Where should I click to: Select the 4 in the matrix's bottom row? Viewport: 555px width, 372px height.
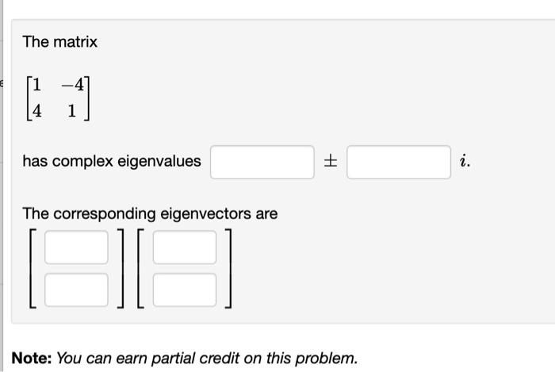[37, 111]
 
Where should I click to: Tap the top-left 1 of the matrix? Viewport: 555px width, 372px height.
[37, 83]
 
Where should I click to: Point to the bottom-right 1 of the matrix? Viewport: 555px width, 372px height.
[72, 111]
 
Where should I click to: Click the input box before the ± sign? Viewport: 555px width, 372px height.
[262, 162]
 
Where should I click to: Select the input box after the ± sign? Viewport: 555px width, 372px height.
[398, 162]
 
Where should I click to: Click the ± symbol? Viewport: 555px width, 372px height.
[330, 162]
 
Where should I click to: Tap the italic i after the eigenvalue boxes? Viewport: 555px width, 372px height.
[465, 162]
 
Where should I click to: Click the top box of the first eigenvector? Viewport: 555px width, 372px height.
[76, 247]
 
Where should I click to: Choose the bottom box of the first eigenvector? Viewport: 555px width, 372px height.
[76, 290]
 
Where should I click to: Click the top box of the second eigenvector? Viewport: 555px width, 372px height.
[184, 247]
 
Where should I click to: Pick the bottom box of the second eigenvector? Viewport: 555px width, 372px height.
[184, 290]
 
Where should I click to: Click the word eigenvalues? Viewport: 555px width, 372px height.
[159, 162]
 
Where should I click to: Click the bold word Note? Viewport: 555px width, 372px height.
[30, 358]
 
